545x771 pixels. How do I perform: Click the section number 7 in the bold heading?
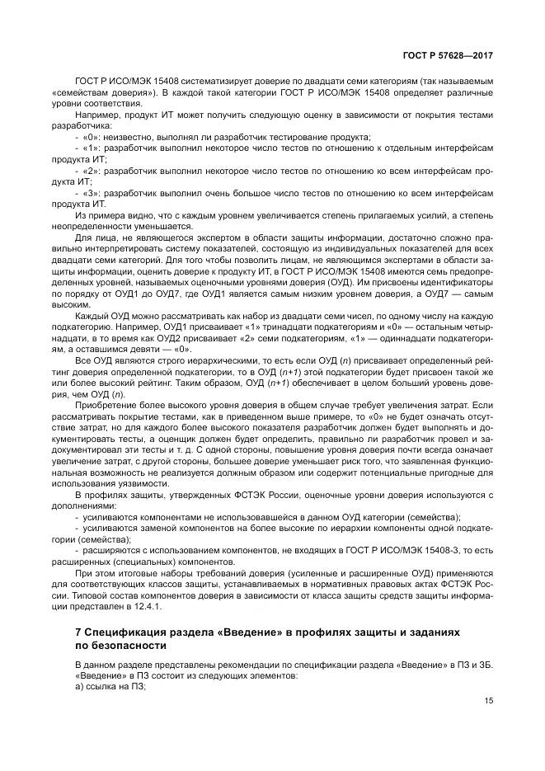78,631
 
